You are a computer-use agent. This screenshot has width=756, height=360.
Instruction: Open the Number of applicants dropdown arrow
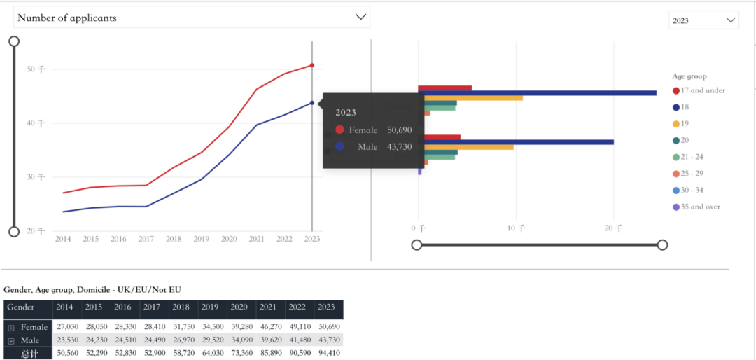tap(361, 17)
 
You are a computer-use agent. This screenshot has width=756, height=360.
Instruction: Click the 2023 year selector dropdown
tap(703, 20)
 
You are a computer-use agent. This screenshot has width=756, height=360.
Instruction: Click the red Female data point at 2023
tap(312, 65)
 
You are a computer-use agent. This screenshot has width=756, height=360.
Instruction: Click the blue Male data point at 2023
tap(312, 103)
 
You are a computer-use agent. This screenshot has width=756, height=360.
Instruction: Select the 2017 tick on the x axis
tap(146, 239)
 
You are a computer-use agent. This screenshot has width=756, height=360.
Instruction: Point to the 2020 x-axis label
tap(229, 239)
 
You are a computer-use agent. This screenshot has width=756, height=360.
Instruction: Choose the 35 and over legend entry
tap(696, 207)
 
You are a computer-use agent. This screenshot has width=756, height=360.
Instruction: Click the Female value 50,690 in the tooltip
tap(400, 130)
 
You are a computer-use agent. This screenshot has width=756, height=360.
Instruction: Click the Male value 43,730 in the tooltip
tap(400, 146)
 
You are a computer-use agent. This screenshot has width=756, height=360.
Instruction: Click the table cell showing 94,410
tap(326, 353)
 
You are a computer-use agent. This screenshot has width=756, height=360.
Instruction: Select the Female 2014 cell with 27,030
tap(67, 327)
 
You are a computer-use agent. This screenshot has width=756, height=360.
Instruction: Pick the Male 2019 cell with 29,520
tap(210, 340)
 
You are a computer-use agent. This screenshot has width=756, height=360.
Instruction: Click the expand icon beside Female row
tap(10, 327)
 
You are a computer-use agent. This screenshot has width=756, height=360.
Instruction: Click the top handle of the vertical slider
tap(13, 41)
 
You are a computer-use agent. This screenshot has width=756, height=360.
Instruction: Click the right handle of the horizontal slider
tap(662, 244)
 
